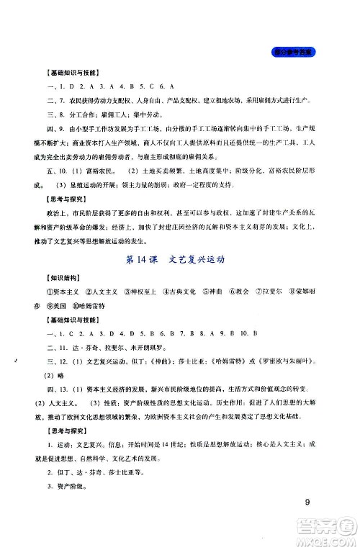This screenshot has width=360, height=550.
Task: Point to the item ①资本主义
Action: [x=61, y=292]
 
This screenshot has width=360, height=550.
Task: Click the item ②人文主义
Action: [x=102, y=292]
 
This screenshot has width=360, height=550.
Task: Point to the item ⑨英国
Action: [x=60, y=305]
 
